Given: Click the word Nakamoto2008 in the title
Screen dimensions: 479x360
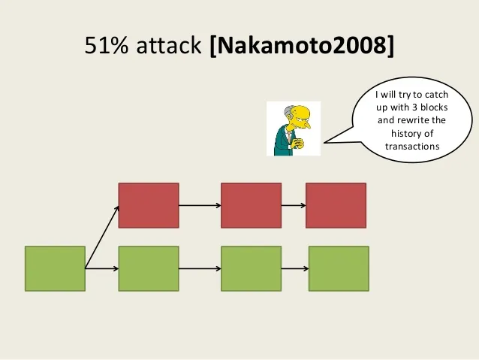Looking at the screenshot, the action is (302, 46).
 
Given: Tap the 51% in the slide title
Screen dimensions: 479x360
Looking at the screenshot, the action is (107, 46).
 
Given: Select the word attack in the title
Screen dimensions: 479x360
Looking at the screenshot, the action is (169, 46).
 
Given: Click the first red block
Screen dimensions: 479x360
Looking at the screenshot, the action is (149, 205).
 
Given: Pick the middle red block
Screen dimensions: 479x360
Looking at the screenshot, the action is (251, 205).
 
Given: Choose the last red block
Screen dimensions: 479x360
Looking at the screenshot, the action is (336, 205).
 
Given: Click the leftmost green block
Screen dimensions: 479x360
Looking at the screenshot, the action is (55, 268).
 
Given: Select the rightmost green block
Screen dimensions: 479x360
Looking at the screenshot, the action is (339, 268).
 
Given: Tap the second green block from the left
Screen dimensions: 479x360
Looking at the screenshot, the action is (149, 268).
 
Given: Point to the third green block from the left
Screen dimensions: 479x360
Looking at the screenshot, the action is (251, 268).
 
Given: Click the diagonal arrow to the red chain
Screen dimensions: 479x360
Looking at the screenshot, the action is (102, 237).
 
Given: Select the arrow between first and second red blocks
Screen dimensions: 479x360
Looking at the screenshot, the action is (200, 205).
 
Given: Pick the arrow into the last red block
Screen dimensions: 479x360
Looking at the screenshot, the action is (294, 205).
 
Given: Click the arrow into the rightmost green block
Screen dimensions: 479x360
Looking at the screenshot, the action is (295, 268).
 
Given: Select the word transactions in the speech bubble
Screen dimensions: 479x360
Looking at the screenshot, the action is (412, 147).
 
